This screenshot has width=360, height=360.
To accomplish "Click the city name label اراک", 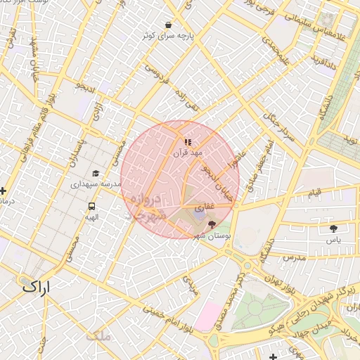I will coord(37,287).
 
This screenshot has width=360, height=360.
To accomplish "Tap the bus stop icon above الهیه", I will coord(91,207).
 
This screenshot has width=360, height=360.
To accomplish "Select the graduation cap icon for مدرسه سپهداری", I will coord(96,173).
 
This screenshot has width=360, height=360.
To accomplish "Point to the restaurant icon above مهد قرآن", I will coord(187,142).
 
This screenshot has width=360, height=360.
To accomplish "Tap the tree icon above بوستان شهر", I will coord(212,224).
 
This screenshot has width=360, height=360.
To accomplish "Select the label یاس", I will coord(333,240).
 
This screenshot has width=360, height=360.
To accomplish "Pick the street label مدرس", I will coord(292,258).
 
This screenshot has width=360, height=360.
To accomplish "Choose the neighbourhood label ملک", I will coord(98,337).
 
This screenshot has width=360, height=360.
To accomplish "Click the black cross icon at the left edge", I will coord(4,190).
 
